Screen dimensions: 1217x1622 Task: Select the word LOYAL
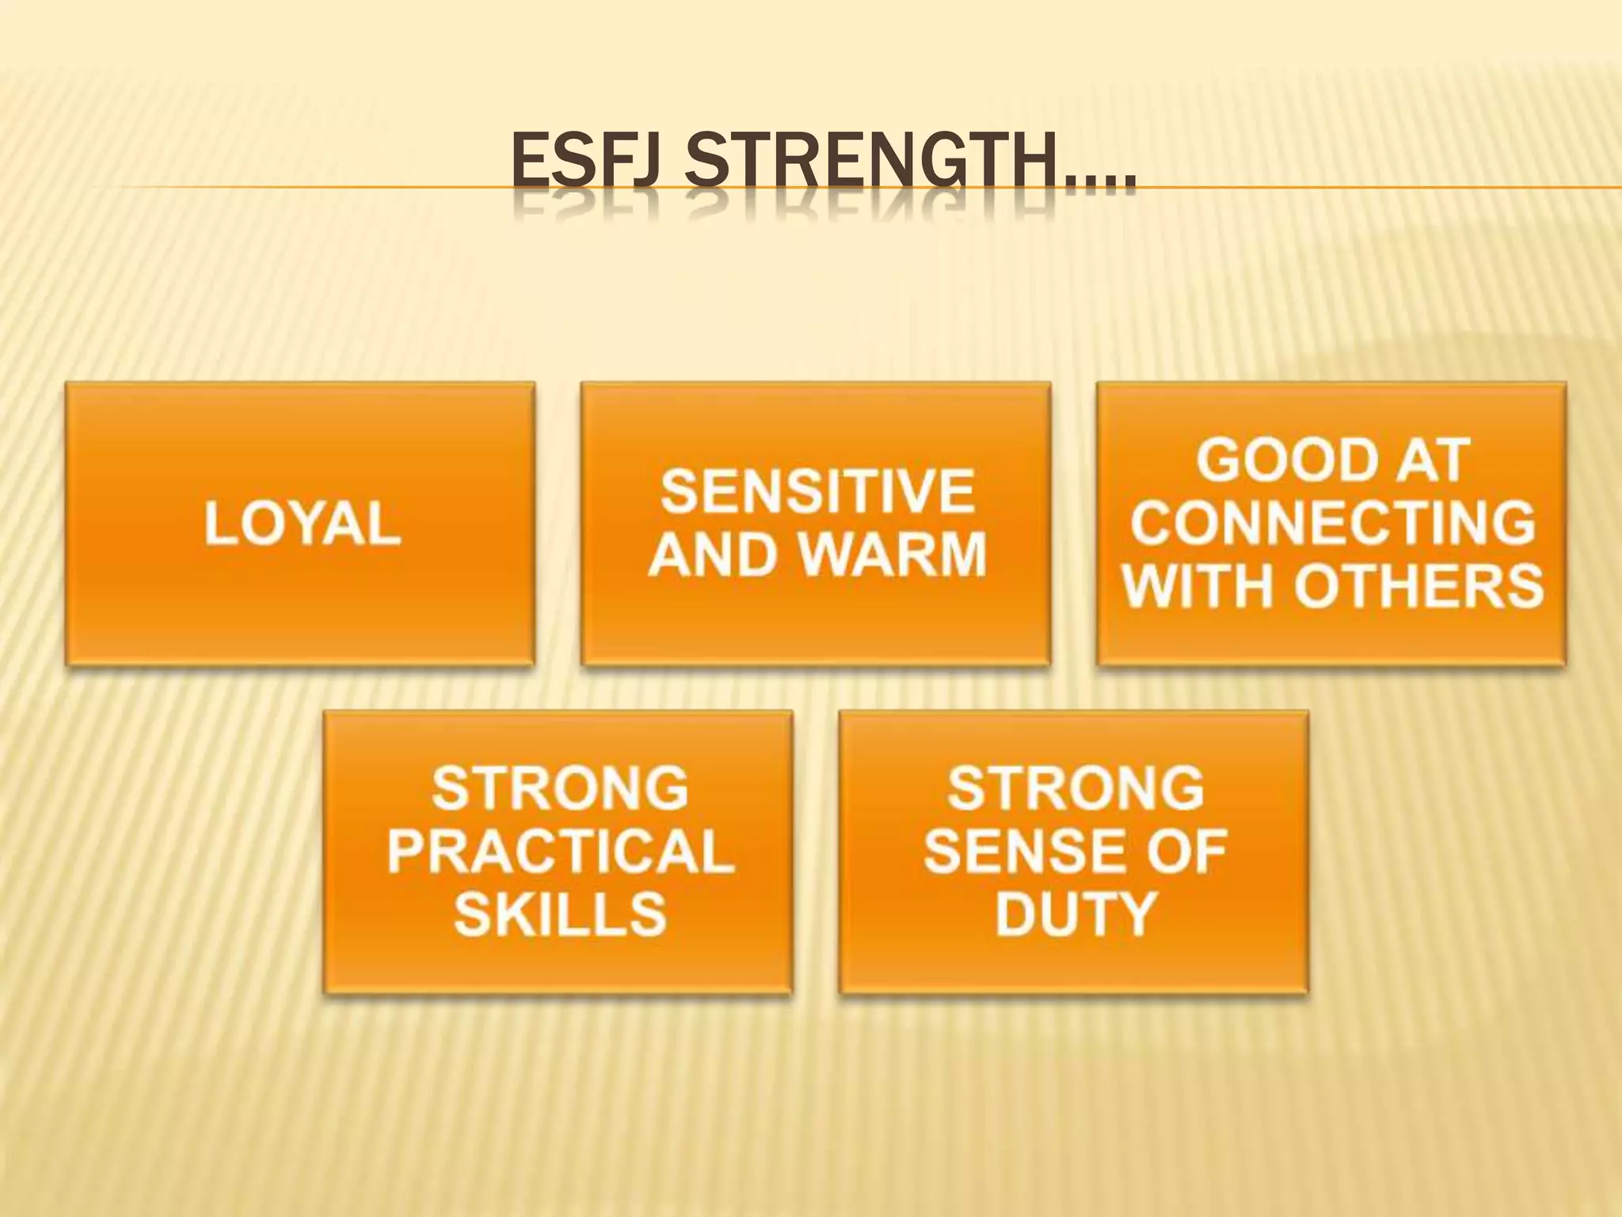(303, 525)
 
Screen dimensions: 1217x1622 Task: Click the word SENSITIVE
(817, 491)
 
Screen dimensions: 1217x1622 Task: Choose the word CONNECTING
(1333, 523)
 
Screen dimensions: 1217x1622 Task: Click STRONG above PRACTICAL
(561, 789)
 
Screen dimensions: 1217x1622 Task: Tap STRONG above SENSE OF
(1076, 789)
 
